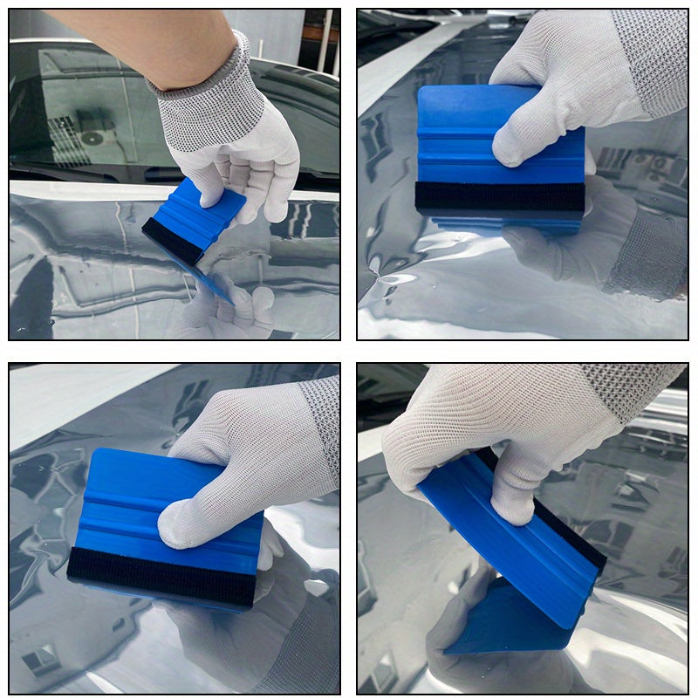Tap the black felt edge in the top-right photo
(x=499, y=196)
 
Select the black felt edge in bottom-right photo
(x=571, y=532)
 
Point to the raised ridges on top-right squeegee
(x=454, y=148)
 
